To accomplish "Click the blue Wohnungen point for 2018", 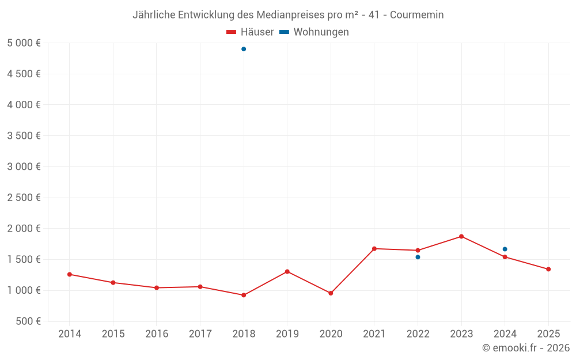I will coord(244,49).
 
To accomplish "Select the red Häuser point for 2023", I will coord(461,236).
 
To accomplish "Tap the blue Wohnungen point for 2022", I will coord(418,257).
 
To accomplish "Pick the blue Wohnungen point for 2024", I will coord(505,249).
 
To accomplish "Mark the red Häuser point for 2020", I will coord(331,293).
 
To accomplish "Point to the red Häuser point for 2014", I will coord(70,274).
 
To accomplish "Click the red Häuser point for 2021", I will coord(374,249).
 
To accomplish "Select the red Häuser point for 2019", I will coord(287,271).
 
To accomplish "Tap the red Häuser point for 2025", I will coord(548,269).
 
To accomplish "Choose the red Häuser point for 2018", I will coord(244,295).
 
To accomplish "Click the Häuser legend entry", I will coord(250,32).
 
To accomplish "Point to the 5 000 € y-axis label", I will coord(24,43).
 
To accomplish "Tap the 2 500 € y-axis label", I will coord(24,198).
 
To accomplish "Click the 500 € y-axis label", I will coord(28,321).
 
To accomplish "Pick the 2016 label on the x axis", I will coord(157,334).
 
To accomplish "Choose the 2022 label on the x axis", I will coord(418,334).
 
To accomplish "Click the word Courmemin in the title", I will coord(416,15).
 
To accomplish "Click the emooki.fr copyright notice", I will coord(526,348).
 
